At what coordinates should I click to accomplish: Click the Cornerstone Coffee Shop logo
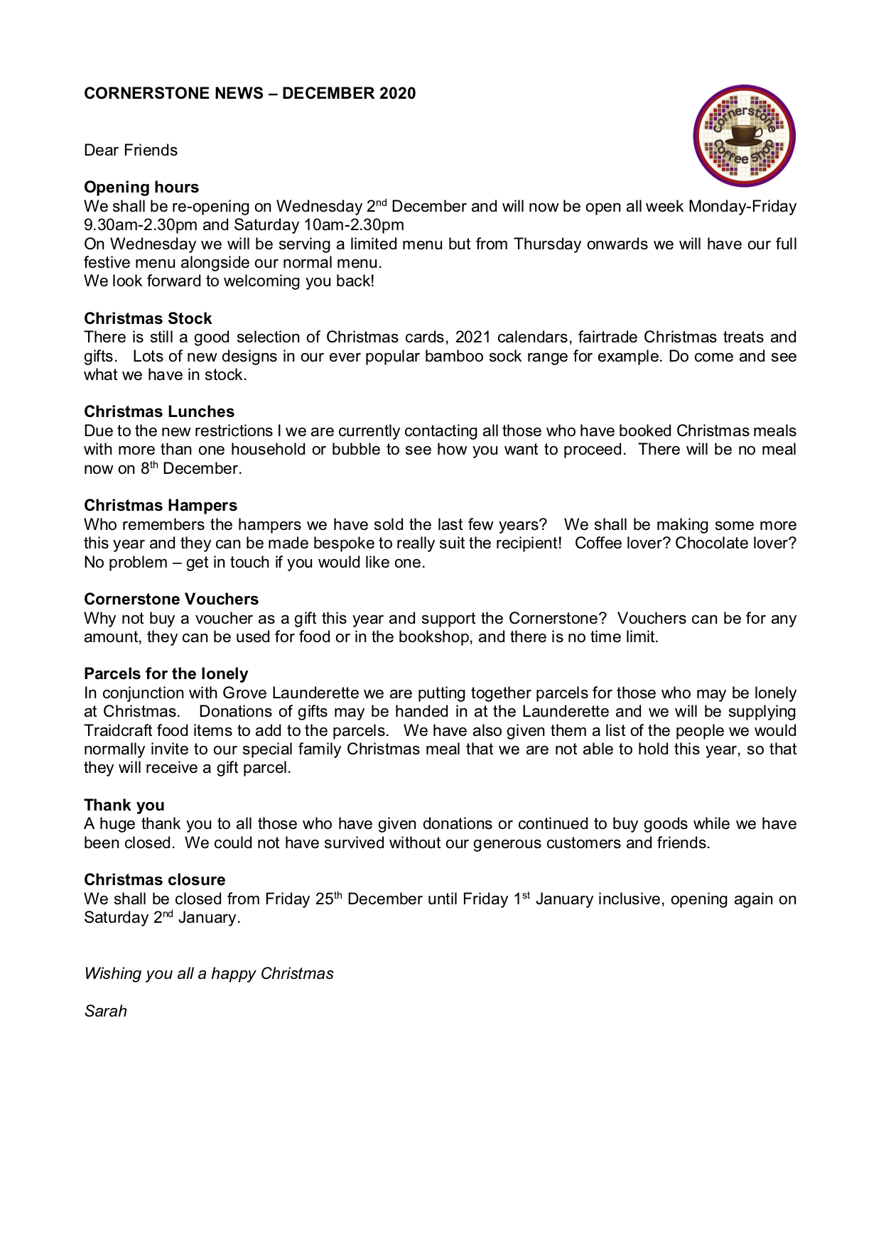[x=744, y=136]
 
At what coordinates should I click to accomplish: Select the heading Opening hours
[x=141, y=187]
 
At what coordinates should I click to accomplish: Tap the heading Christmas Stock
[x=148, y=318]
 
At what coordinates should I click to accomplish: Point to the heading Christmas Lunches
[x=159, y=411]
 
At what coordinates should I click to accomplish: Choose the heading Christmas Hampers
[x=161, y=505]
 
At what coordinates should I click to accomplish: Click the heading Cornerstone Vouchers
[x=171, y=599]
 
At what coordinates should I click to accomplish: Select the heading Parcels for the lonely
[x=166, y=673]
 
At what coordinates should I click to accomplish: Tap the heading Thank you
[x=124, y=805]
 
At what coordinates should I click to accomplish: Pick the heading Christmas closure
[x=154, y=879]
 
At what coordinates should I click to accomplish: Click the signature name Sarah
[x=105, y=1011]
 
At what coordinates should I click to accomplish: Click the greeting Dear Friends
[x=131, y=150]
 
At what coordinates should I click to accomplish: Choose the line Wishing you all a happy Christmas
[x=209, y=973]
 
